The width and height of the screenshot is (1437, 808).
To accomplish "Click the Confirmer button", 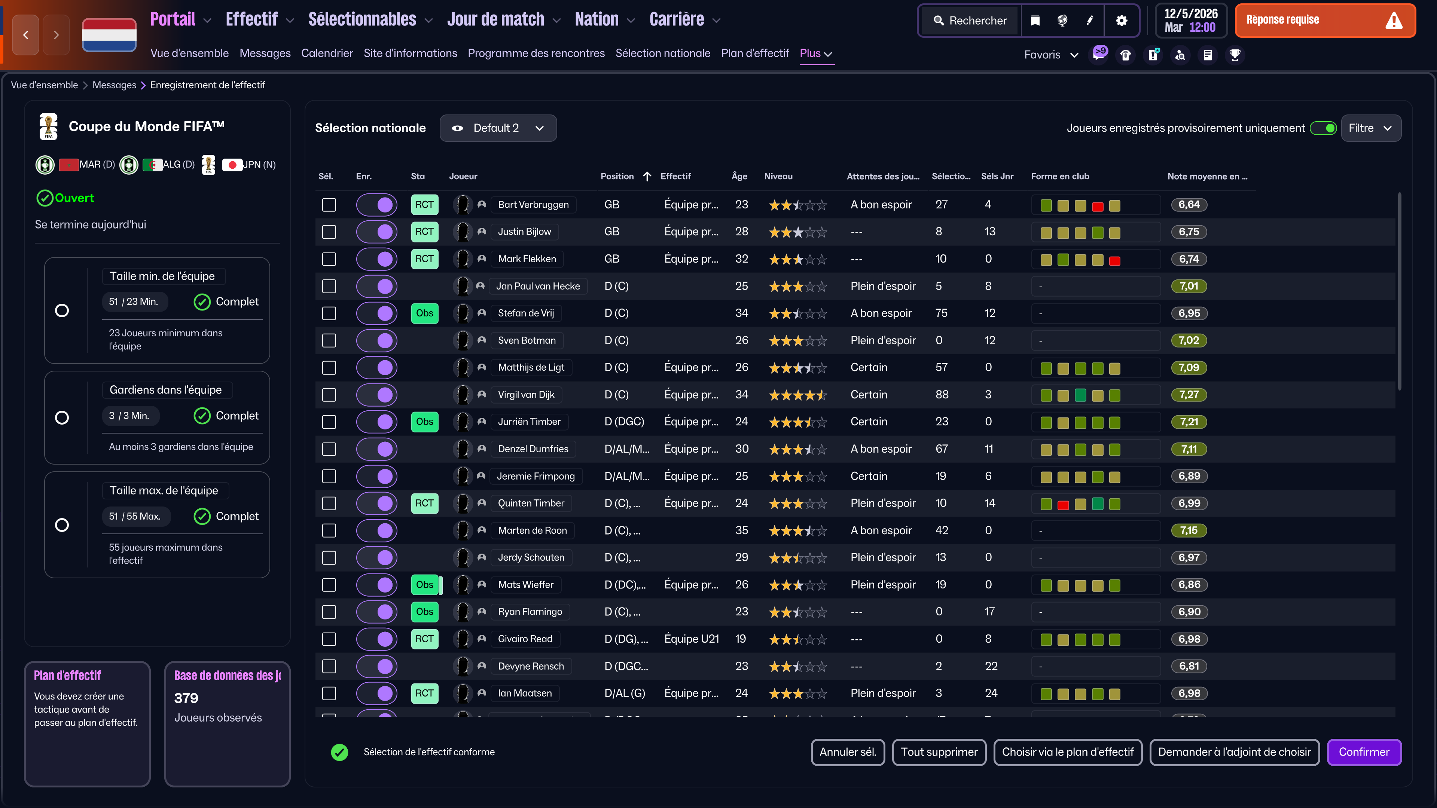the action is (x=1364, y=752).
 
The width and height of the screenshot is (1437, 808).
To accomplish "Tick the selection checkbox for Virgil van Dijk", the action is (x=329, y=395).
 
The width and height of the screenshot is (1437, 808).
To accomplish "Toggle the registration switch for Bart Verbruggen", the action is (x=377, y=205).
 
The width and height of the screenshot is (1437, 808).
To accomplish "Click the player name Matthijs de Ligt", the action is (x=531, y=367).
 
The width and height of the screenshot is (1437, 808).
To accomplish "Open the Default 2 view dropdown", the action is (x=498, y=128).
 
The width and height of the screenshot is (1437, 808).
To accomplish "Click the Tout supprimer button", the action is (x=939, y=752).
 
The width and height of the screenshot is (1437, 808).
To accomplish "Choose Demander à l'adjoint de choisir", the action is (x=1235, y=752).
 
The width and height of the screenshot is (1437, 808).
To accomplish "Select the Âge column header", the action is (x=739, y=176).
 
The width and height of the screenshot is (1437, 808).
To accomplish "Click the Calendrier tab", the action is (x=327, y=53).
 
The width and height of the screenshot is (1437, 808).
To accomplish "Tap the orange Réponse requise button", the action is (x=1325, y=21).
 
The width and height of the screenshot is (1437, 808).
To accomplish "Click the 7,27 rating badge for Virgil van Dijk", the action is (x=1189, y=395).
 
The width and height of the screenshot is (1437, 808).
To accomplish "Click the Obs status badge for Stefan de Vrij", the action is (x=424, y=313).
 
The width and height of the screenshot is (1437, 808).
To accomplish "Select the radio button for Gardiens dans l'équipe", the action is (x=62, y=418).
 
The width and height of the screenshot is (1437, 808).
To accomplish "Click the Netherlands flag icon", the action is (x=109, y=34).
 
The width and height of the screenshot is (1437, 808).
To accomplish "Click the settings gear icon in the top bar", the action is (x=1121, y=21).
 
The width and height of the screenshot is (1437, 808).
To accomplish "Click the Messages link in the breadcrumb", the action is (x=115, y=85).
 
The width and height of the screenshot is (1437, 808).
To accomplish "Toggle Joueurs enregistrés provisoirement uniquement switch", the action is (x=1323, y=128).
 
